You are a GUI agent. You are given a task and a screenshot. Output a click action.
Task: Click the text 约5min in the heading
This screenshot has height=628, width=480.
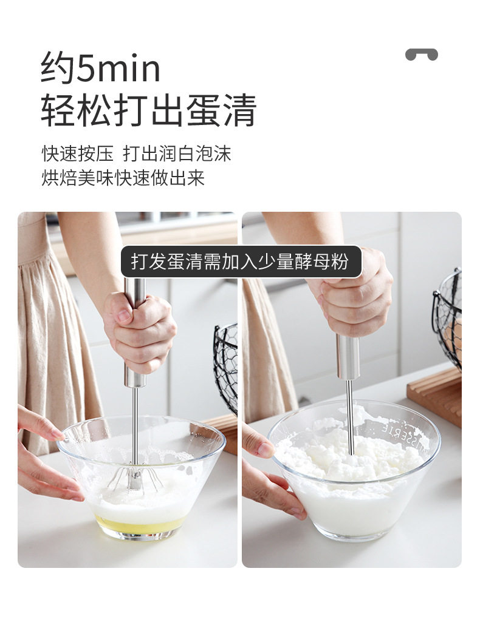(100, 67)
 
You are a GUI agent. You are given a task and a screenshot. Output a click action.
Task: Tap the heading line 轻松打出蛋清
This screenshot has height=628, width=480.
(148, 110)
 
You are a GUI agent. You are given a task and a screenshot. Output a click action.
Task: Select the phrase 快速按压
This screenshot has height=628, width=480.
(78, 154)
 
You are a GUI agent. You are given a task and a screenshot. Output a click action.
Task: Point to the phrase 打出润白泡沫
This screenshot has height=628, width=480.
(177, 154)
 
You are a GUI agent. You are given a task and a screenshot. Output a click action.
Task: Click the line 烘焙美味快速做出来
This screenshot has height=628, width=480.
(123, 177)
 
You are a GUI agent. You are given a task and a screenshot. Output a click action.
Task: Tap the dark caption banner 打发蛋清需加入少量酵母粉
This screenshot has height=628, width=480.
(241, 262)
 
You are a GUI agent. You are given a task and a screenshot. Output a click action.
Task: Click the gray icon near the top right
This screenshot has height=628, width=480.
(422, 54)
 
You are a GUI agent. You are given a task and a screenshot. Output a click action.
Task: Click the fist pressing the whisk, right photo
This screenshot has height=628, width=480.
(355, 296)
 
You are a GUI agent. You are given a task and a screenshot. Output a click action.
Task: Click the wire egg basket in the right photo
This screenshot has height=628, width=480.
(448, 316)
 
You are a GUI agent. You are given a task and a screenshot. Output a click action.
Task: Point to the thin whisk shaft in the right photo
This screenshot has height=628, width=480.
(350, 416)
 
